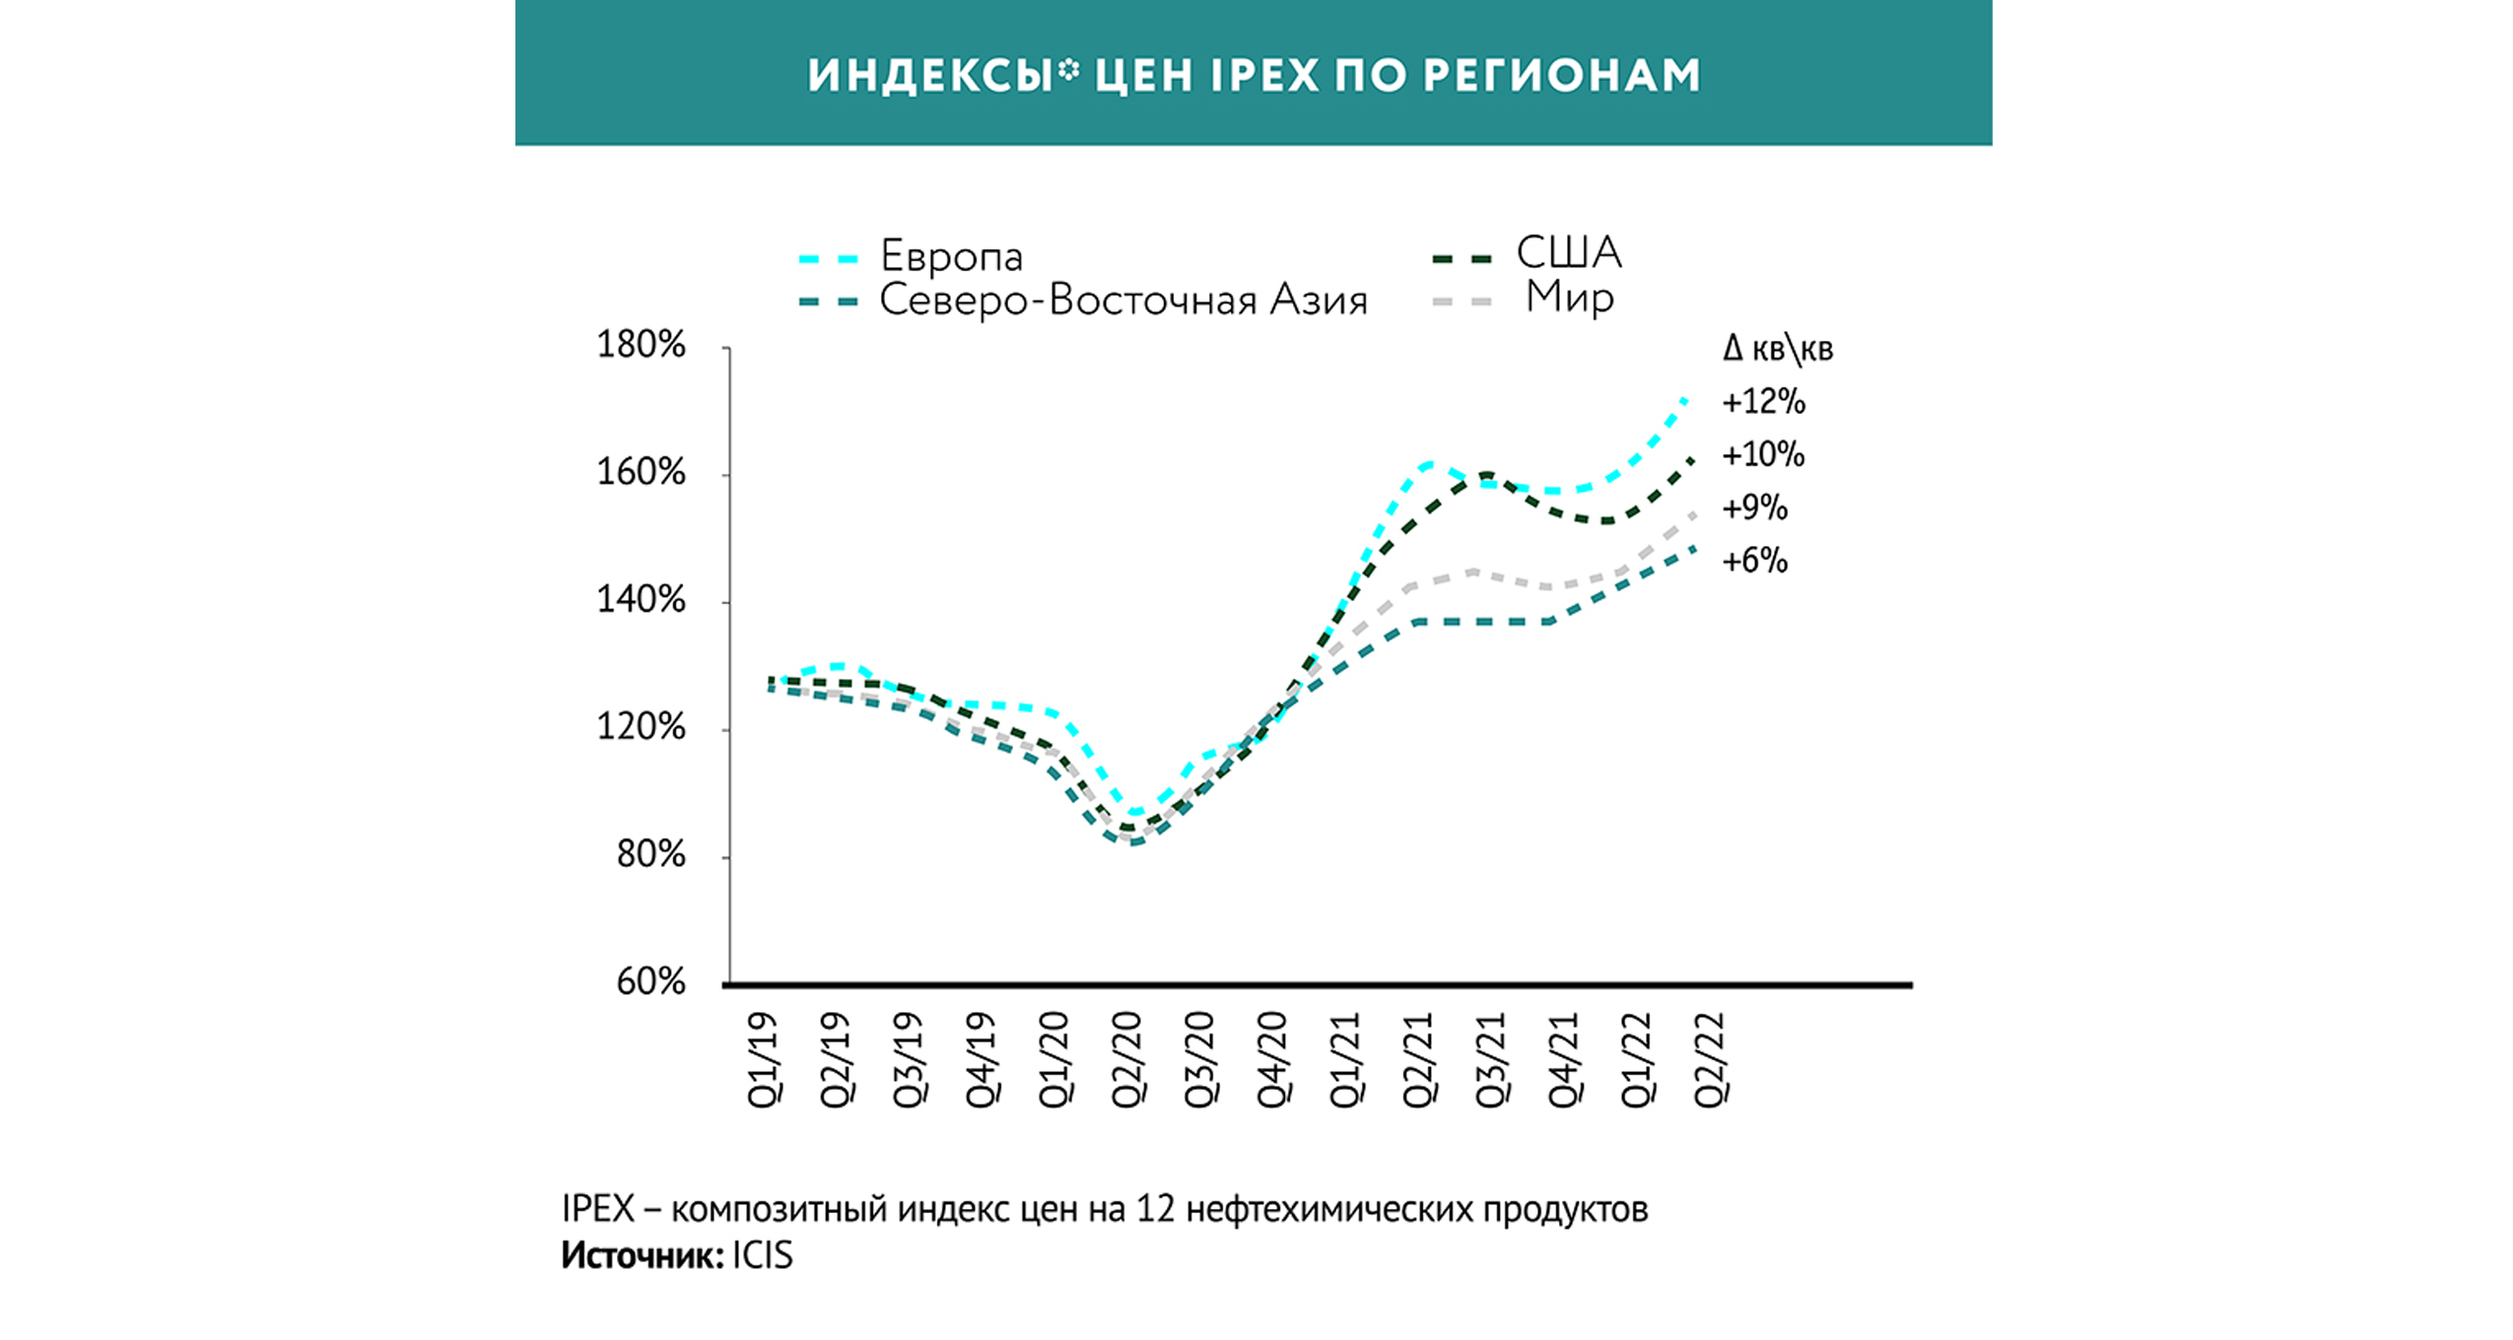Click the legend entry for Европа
point(950,256)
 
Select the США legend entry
point(1567,253)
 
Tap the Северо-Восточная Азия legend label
point(1122,300)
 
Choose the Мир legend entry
point(1569,297)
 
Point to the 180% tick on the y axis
point(641,345)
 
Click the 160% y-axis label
point(641,472)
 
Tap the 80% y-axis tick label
point(650,854)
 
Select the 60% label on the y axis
point(650,981)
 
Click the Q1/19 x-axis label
point(764,1060)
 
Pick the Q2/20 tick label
point(1127,1060)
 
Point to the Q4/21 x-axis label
point(1564,1060)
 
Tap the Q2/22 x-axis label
point(1710,1060)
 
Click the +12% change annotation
point(1763,402)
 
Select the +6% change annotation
point(1754,561)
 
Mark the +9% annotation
point(1754,507)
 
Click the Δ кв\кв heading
point(1777,349)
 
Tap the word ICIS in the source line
point(762,1255)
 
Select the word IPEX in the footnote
point(597,1208)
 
